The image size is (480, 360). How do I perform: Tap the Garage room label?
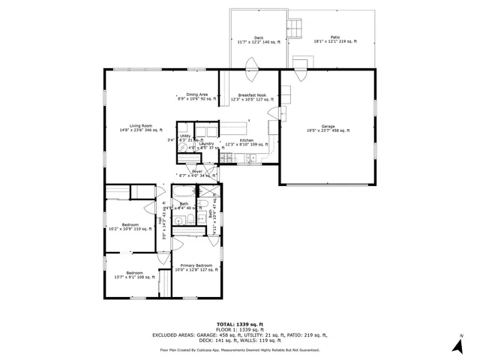328,127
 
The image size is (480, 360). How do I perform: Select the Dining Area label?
197,96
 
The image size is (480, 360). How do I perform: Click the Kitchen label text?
247,142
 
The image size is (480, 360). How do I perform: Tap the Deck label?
258,39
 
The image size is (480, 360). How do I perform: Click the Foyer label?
197,172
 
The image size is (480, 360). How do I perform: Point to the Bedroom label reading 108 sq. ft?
134,274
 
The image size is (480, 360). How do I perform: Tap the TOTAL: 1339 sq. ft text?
240,324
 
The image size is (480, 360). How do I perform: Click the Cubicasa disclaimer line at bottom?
240,349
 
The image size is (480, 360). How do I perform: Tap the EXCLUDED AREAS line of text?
240,337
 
